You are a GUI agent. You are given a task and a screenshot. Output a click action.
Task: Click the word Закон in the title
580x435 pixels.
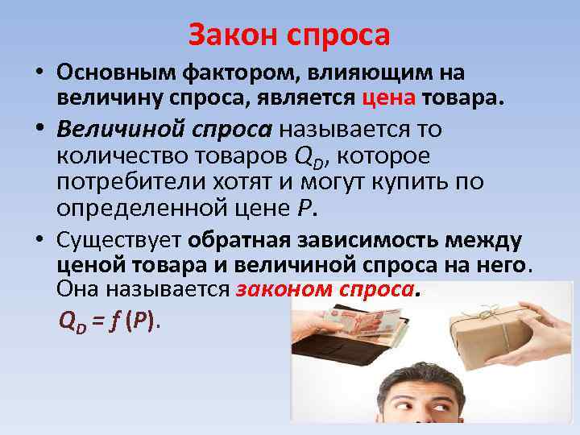[x=229, y=35]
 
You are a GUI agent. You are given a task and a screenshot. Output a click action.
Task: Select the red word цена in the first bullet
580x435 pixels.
[x=389, y=98]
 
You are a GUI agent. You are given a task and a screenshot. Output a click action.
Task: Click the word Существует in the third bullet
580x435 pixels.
[x=118, y=239]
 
